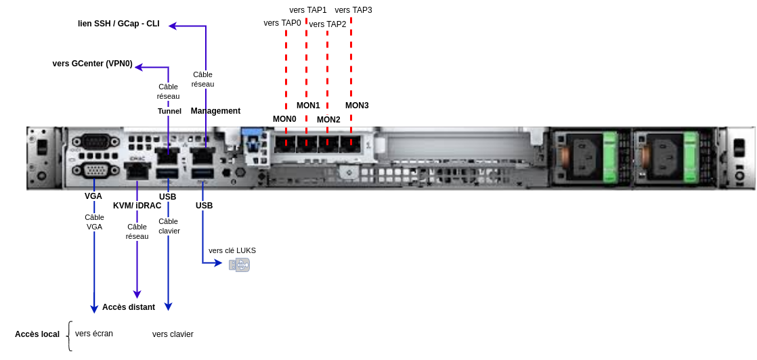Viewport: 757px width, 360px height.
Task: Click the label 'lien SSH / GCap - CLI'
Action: [118, 24]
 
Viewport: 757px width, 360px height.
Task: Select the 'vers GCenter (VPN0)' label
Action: [92, 64]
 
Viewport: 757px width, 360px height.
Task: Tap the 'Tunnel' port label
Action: [169, 111]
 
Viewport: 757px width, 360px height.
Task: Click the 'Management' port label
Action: [215, 111]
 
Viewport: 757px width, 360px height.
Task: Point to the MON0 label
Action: [284, 119]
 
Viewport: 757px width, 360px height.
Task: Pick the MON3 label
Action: [357, 106]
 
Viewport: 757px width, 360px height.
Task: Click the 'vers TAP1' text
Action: [308, 10]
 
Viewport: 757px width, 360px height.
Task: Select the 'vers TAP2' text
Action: [328, 24]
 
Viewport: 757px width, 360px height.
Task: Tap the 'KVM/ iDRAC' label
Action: [137, 206]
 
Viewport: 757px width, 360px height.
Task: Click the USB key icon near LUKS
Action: [239, 265]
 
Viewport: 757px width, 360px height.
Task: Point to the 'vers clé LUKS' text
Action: [232, 250]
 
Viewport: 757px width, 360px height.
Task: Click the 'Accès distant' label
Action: [129, 307]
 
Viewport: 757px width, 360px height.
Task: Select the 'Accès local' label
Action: [37, 334]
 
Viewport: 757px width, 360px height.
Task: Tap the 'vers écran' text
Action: [94, 334]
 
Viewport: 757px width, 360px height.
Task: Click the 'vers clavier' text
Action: [173, 334]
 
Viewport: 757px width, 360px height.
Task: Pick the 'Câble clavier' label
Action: [169, 226]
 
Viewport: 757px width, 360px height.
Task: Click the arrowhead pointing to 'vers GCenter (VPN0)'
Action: [139, 67]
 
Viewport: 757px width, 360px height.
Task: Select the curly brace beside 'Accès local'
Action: [70, 336]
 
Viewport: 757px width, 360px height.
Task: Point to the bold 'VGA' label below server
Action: [93, 196]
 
